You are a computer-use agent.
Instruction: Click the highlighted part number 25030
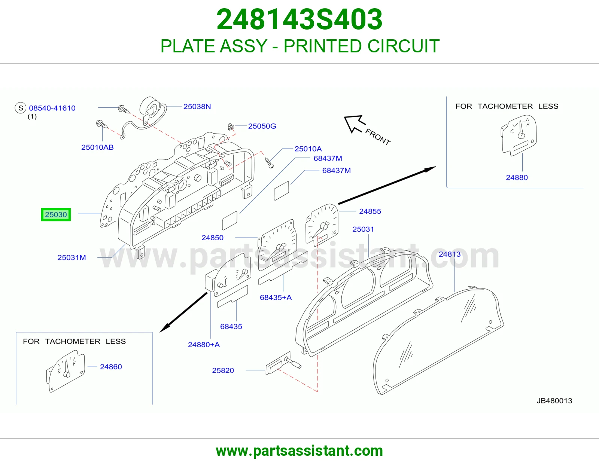[x=56, y=214]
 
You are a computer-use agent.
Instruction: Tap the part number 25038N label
[x=197, y=106]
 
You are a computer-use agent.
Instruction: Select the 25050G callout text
[x=262, y=126]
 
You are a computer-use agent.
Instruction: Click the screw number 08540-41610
[x=52, y=108]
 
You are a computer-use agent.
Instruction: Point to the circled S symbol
[x=21, y=108]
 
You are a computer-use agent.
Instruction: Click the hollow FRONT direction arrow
[x=355, y=123]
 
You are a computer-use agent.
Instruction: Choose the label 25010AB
[x=97, y=147]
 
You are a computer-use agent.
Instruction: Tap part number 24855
[x=370, y=211]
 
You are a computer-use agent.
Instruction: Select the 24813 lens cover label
[x=450, y=254]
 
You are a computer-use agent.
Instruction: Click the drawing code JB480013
[x=554, y=401]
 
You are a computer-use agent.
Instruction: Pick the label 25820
[x=223, y=370]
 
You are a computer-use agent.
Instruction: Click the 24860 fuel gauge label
[x=111, y=367]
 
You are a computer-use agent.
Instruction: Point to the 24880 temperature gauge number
[x=517, y=177]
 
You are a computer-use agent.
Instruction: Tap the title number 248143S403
[x=299, y=19]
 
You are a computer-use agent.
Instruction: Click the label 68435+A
[x=276, y=297]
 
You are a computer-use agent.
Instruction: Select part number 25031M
[x=72, y=257]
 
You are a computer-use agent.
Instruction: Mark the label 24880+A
[x=204, y=344]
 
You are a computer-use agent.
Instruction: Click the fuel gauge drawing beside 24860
[x=66, y=371]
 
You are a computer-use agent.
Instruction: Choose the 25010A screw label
[x=308, y=149]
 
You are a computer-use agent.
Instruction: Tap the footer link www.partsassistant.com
[x=299, y=451]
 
